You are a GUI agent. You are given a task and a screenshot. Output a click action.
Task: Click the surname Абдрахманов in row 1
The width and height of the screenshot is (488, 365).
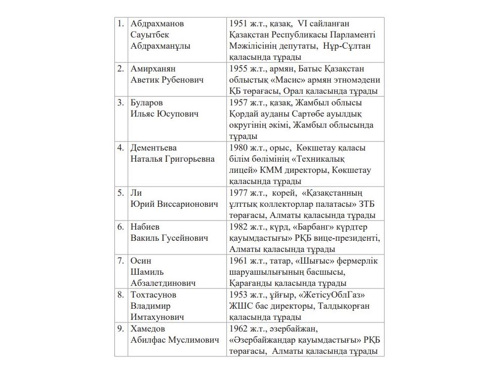point(157,24)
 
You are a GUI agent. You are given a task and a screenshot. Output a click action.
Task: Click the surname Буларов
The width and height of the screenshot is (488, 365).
point(147,103)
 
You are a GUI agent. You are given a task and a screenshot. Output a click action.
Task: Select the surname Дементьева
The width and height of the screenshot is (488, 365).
point(154,148)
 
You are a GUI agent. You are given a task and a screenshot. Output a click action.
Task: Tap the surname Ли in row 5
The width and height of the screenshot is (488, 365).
point(135,193)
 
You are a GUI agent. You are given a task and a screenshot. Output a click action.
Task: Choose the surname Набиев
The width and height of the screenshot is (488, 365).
point(145,227)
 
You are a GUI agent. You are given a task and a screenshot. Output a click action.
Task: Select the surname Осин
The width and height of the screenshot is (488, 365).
point(141,261)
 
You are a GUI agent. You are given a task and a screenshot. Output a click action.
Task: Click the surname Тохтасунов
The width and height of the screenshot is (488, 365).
point(153,295)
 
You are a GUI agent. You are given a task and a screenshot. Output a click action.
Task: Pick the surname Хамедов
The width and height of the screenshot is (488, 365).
point(148,328)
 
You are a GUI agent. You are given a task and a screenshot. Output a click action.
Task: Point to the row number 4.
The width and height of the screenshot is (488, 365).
point(121,148)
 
